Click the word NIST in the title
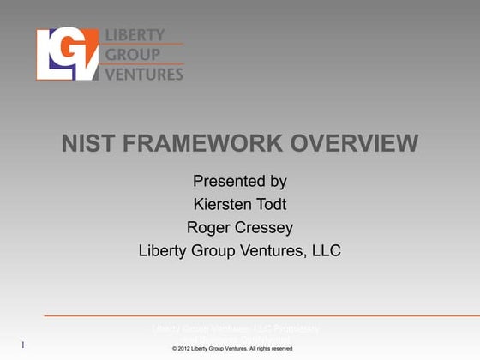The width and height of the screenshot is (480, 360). click(x=84, y=143)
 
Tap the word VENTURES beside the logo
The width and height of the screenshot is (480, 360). click(x=143, y=74)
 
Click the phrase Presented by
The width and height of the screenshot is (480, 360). click(x=240, y=182)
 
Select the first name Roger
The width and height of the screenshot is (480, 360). click(x=208, y=228)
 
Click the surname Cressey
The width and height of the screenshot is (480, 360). click(x=264, y=228)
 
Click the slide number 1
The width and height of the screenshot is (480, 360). click(x=22, y=345)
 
